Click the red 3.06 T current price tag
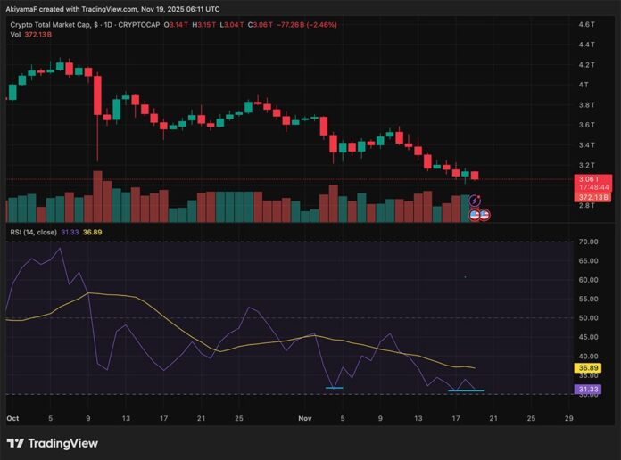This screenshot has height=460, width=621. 586,179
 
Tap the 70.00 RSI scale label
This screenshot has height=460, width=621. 586,242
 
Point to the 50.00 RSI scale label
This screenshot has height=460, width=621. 586,317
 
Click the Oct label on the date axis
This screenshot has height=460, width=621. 12,416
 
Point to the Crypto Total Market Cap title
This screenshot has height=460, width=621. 59,25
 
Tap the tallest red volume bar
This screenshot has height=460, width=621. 97,196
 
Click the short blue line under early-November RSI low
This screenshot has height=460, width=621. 335,388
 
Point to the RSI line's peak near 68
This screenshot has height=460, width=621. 61,249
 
